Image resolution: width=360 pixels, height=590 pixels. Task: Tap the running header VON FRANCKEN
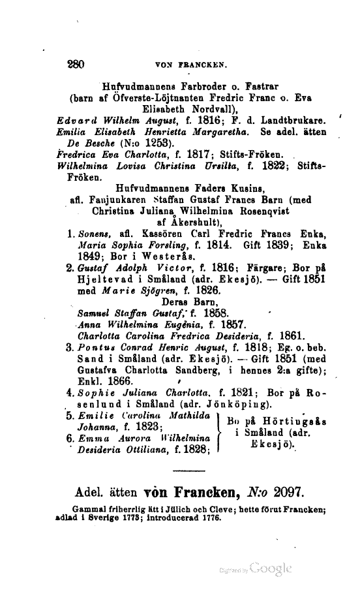190,65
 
